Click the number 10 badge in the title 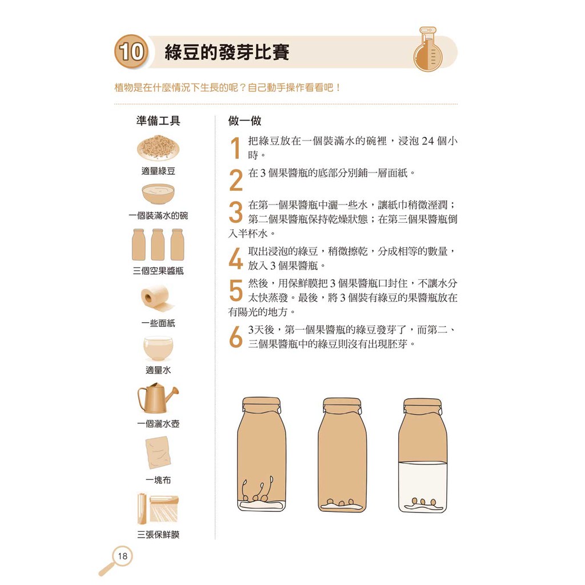pos(131,51)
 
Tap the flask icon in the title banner pos(427,49)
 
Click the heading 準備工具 pos(158,121)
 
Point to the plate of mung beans pos(158,147)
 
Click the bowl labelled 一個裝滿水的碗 pos(158,194)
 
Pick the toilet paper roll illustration pos(157,298)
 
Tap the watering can pos(158,398)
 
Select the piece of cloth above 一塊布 pos(158,452)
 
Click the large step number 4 pos(236,258)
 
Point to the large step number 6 pos(236,337)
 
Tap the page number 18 pos(122,556)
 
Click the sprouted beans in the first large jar pos(258,490)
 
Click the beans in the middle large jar pos(340,502)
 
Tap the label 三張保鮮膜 pos(158,535)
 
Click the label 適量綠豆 pos(158,171)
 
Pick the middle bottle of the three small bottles pos(158,245)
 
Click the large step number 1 pos(235,148)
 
